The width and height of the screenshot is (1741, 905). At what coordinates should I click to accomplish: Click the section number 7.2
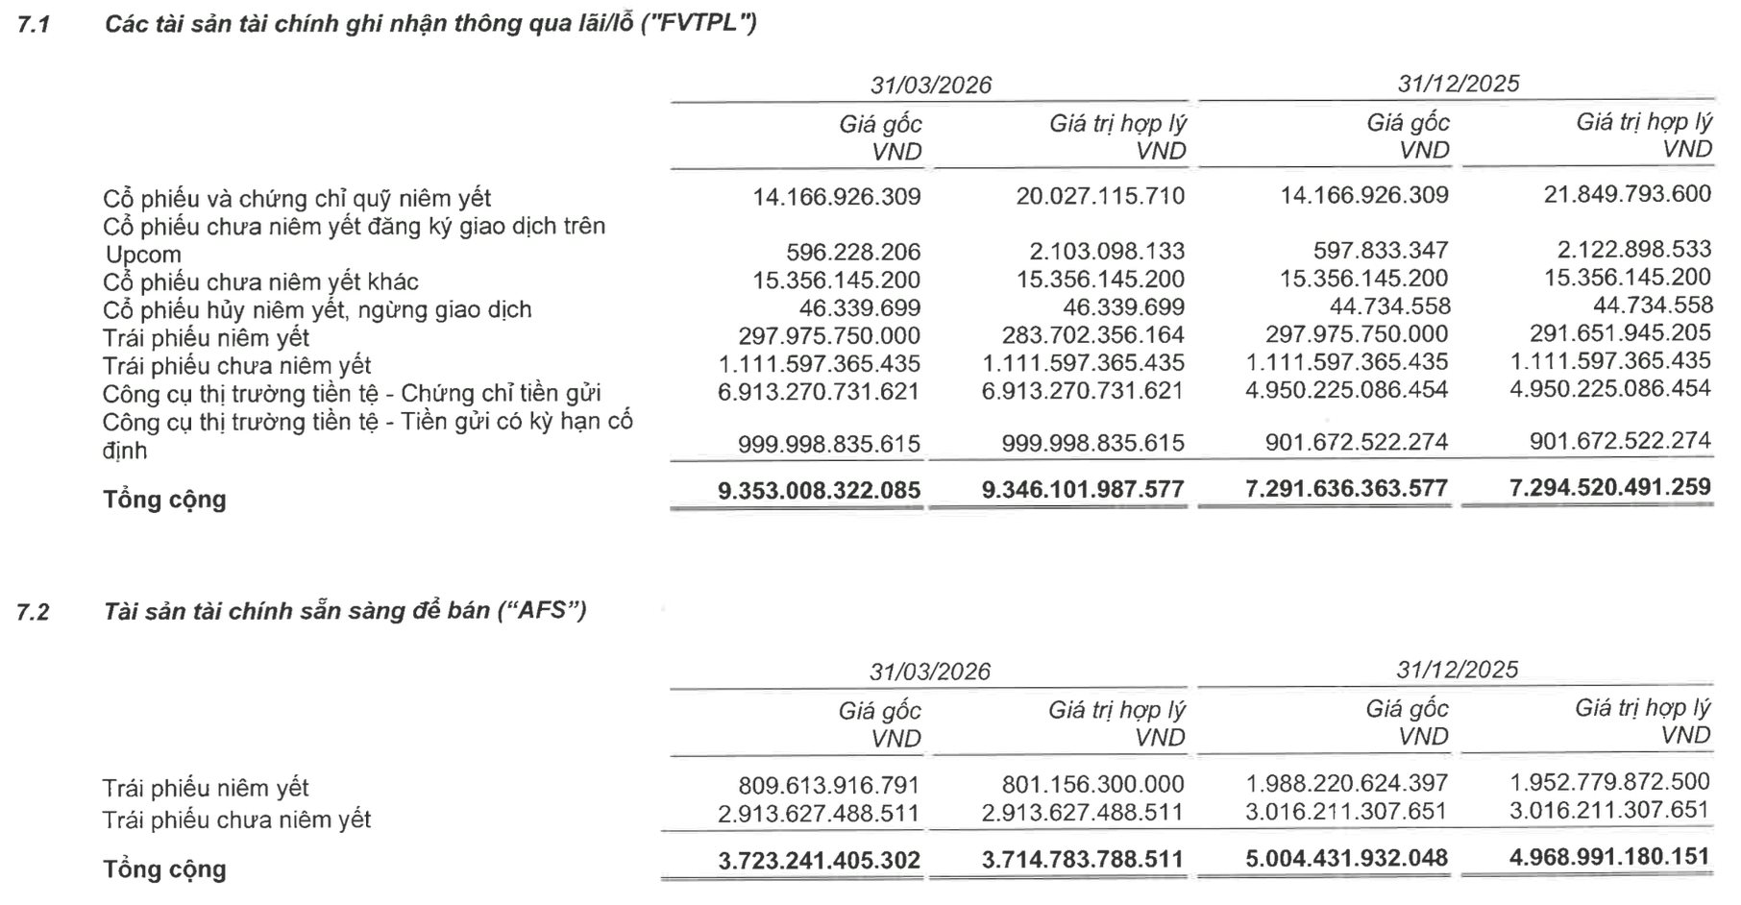tap(33, 612)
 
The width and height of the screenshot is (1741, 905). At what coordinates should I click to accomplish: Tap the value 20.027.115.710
tap(1100, 196)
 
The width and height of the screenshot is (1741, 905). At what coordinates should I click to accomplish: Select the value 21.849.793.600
tap(1629, 194)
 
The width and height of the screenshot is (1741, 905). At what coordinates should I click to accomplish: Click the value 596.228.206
tap(853, 252)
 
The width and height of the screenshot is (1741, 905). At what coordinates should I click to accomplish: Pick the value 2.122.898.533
tap(1634, 250)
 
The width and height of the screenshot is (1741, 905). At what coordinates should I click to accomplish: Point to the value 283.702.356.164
tap(1083, 335)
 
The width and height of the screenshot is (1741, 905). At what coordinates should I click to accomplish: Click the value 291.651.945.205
tap(1620, 333)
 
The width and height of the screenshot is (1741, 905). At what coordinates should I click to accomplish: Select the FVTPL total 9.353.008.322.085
tap(819, 491)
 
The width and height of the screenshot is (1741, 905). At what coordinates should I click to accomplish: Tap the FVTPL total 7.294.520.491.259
tap(1610, 487)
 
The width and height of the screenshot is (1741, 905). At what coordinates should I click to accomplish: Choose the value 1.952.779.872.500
tap(1610, 782)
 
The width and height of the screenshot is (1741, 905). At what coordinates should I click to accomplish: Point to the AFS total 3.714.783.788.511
tap(1083, 859)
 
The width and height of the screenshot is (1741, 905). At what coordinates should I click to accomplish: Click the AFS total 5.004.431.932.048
tap(1346, 858)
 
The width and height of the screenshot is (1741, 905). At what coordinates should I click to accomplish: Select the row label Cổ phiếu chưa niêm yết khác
tap(260, 282)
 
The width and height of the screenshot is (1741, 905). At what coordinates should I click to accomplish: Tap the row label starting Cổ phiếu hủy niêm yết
tap(317, 310)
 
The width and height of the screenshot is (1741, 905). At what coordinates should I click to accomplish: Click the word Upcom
tap(143, 256)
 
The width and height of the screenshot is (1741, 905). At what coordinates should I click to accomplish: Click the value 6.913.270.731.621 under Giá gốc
tap(819, 392)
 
